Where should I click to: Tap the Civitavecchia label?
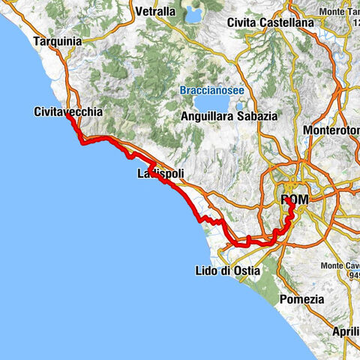pos(67,111)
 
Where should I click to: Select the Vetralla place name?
pos(156,12)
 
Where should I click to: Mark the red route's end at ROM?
pos(289,200)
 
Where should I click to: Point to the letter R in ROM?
pos(286,199)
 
